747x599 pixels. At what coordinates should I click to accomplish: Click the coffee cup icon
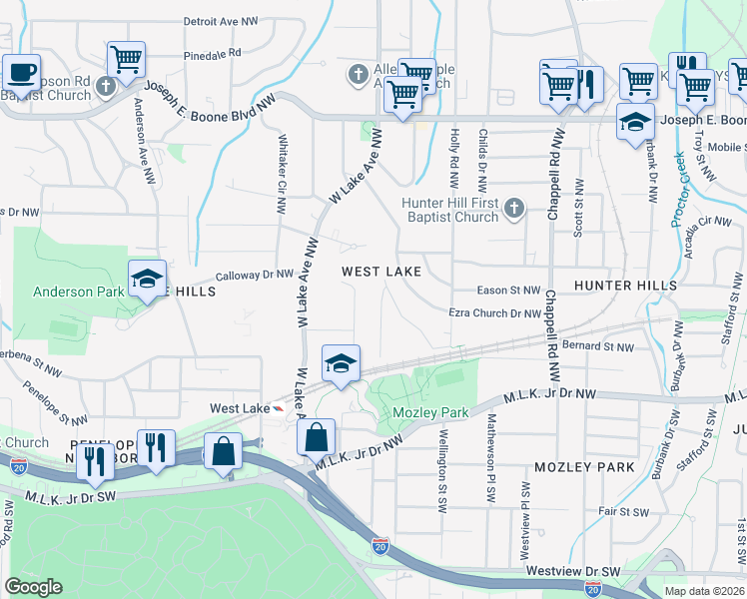point(21,72)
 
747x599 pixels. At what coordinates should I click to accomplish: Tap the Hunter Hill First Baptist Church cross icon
point(513,209)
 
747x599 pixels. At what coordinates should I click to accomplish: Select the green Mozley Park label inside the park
point(430,412)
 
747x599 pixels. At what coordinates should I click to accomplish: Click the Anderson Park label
point(77,293)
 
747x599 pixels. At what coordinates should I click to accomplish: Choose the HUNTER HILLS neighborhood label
point(625,286)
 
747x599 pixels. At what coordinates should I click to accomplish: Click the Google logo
point(33,587)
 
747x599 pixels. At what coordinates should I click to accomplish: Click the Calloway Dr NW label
point(255,274)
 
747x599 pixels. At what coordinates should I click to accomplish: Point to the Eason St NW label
point(508,290)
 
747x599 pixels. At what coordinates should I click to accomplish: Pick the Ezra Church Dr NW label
point(495,313)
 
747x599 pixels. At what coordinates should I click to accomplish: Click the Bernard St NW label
point(598,346)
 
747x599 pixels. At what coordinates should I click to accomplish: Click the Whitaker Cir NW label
point(283,175)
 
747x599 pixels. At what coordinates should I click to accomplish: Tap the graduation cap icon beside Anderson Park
point(147,279)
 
